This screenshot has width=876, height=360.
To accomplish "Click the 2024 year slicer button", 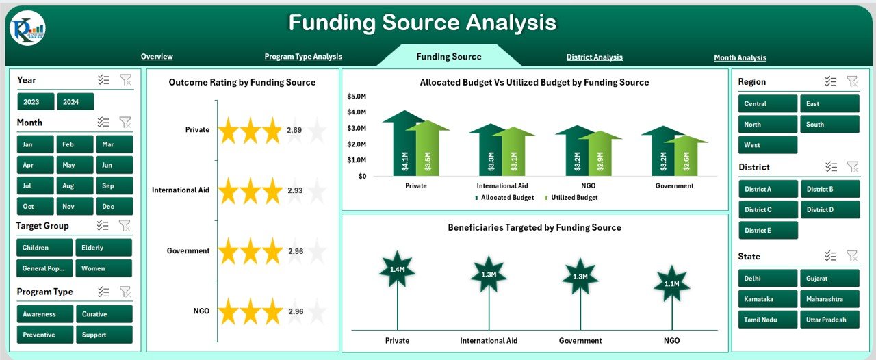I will [75, 102].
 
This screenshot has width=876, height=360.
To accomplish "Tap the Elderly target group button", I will [103, 248].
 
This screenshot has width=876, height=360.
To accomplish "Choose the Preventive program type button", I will [45, 335].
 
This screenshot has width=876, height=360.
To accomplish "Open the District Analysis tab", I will [594, 57].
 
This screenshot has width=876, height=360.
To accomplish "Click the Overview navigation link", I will [157, 57].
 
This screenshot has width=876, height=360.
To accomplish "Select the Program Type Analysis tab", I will [303, 57].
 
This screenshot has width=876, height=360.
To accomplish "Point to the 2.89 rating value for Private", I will [294, 130].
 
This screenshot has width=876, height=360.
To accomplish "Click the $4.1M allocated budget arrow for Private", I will [404, 147].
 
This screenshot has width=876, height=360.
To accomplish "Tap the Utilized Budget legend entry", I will [571, 198].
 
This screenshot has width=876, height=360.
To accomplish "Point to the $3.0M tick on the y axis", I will [357, 128].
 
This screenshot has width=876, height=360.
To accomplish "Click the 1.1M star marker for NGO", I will [671, 283].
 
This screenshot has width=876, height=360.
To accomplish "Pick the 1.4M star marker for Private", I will [397, 269].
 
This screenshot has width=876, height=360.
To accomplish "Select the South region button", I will [829, 125].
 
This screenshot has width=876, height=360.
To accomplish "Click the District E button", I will [768, 231].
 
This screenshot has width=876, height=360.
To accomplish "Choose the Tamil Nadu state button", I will [768, 320].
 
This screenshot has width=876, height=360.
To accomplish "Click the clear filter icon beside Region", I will [852, 81].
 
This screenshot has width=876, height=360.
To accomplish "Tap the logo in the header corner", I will [28, 28].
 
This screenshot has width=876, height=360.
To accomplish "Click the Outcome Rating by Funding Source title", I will [242, 83].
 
